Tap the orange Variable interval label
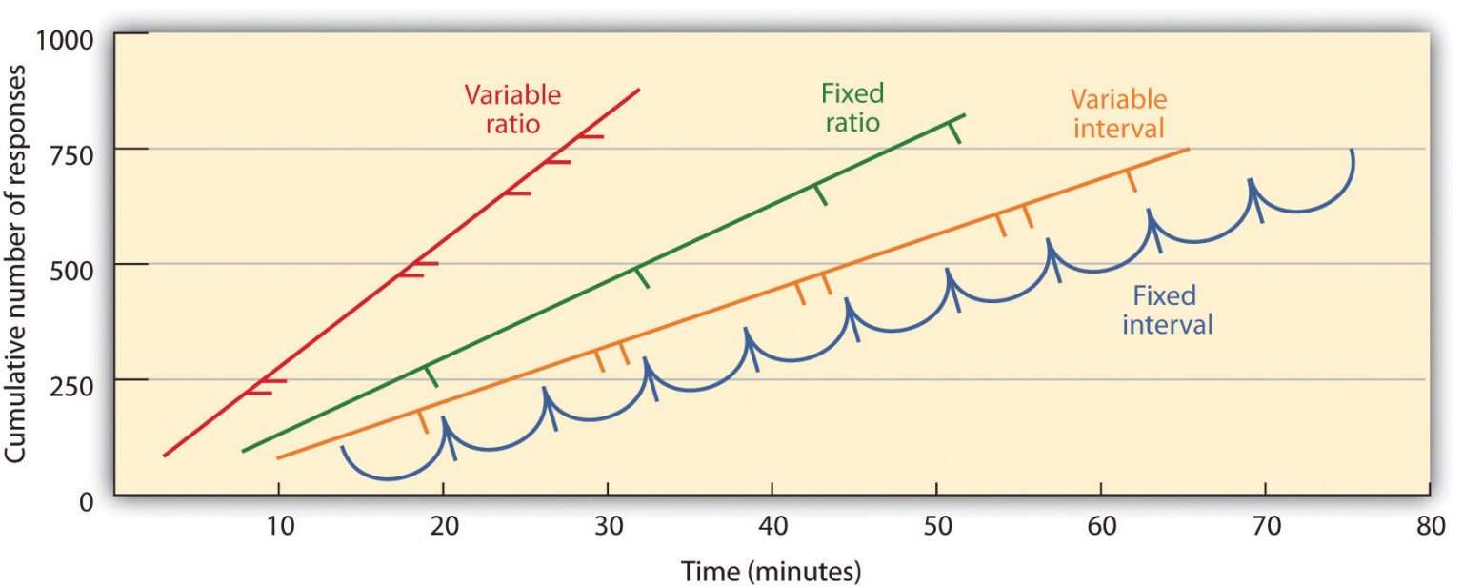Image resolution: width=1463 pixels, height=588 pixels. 1119,113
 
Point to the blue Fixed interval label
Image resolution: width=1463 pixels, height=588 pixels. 1167,310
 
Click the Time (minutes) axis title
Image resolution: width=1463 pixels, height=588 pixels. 771,572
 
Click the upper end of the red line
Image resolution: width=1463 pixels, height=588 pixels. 638,90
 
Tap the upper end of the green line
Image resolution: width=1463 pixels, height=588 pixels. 964,115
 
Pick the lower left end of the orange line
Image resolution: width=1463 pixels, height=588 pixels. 278,458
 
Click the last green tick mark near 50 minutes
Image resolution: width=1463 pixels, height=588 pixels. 954,132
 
